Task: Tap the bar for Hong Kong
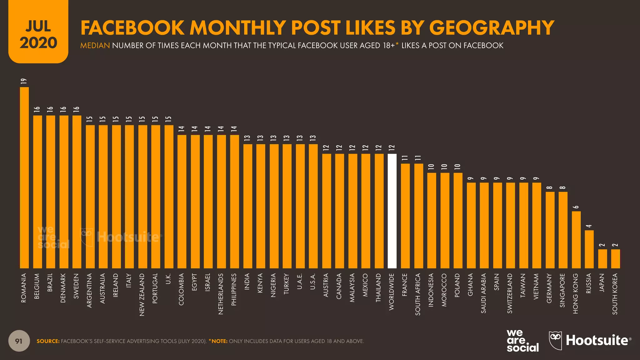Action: tap(576, 240)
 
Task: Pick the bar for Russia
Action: tap(589, 249)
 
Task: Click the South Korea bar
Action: tap(615, 259)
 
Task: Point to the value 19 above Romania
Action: tap(24, 81)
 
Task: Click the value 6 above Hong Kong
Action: tap(576, 207)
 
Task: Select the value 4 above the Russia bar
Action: tap(589, 226)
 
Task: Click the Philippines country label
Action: tap(234, 289)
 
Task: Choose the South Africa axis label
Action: tap(418, 294)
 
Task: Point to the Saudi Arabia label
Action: tap(483, 293)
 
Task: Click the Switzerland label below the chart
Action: tap(510, 293)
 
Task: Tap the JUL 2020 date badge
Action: tap(38, 34)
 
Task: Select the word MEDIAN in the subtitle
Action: tap(95, 46)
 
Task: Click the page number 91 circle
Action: tap(19, 341)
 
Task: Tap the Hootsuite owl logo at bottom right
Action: tap(555, 340)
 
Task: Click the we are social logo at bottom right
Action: tap(522, 341)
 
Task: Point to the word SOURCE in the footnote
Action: tap(48, 341)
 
